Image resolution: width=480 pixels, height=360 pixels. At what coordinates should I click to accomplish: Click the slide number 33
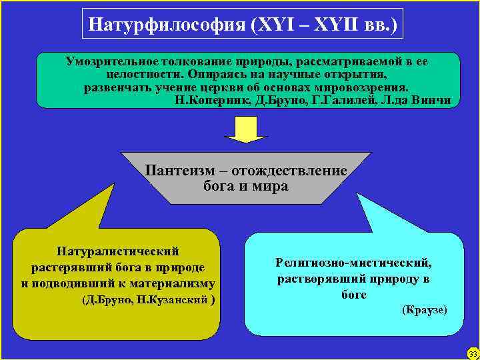(472, 353)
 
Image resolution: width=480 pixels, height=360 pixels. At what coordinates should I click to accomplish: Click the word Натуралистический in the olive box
(118, 252)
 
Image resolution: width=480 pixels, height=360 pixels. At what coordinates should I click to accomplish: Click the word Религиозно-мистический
(354, 263)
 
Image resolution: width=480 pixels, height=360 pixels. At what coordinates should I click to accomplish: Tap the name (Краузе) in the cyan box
(423, 311)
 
